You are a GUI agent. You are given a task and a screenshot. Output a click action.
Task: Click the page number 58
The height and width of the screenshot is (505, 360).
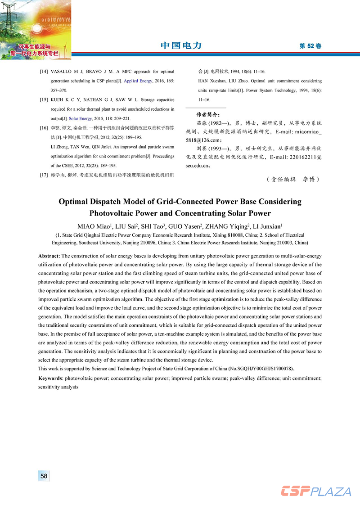pos(44,476)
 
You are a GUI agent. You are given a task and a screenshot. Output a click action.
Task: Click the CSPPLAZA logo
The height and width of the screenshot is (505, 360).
pos(316,491)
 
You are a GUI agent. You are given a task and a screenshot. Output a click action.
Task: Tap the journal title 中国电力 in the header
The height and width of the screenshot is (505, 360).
pos(181,46)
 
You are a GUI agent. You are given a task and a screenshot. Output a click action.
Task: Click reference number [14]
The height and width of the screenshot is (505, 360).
pos(44,72)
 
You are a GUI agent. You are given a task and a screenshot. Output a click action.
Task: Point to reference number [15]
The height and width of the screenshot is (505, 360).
pos(44,99)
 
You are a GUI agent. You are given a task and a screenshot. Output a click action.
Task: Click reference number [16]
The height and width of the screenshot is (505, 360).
pos(44,128)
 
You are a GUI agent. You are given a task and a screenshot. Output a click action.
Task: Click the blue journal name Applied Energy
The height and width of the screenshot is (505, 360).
pos(137,81)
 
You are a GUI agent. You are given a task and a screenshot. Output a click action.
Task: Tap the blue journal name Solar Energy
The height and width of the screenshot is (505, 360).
pos(80,118)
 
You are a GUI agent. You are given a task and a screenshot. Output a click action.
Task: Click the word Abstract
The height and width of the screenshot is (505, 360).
pos(49,256)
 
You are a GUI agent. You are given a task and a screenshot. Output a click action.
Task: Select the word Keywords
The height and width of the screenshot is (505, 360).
pos(51,379)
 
